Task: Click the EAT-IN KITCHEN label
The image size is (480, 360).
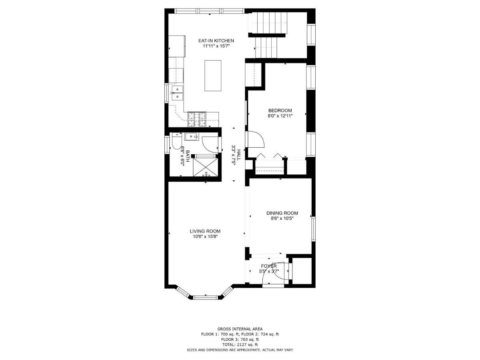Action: tap(216, 41)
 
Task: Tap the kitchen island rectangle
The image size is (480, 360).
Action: tap(213, 76)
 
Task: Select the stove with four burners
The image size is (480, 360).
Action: tap(196, 119)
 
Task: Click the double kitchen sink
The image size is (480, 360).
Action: tap(176, 93)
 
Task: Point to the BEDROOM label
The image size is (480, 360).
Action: tap(280, 111)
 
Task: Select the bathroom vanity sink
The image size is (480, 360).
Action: tap(192, 137)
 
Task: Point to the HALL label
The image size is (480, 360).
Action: tap(239, 153)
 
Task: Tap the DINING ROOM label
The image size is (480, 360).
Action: tap(282, 213)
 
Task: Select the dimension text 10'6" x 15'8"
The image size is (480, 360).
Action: tap(205, 236)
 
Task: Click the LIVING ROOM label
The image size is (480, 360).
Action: tap(205, 231)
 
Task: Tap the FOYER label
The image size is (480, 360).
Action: tap(269, 266)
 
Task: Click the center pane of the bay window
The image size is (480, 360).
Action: tap(206, 297)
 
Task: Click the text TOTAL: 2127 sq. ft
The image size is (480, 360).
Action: tap(240, 344)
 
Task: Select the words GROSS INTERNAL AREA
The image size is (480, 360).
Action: tap(240, 329)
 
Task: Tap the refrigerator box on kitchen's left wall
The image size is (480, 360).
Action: tap(177, 46)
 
